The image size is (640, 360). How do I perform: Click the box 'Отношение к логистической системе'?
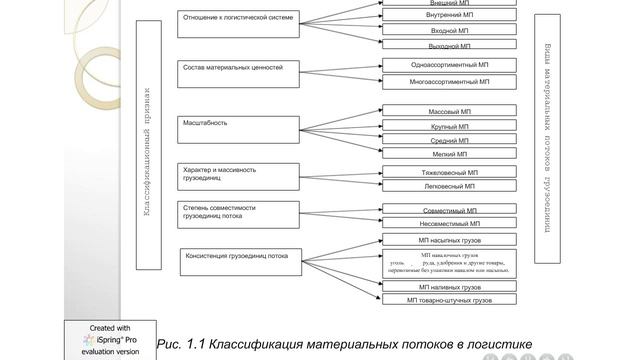(x=238, y=24)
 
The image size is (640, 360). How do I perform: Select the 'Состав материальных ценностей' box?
(x=238, y=73)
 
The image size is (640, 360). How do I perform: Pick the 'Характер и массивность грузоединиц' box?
(x=238, y=176)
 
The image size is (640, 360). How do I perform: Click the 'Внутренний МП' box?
(x=449, y=16)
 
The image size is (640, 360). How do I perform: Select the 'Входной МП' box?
(x=449, y=31)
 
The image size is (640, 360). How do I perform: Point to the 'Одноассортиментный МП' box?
(x=449, y=65)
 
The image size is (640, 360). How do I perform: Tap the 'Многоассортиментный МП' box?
(x=449, y=82)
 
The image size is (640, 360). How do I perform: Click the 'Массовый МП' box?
(x=449, y=111)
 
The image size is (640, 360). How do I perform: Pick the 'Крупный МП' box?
(x=449, y=127)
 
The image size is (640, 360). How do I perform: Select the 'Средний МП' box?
(x=449, y=141)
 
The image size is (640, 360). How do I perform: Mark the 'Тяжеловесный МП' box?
(x=449, y=172)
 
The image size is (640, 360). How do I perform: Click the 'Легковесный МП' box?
(x=449, y=186)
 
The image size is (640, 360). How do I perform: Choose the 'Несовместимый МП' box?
(x=449, y=224)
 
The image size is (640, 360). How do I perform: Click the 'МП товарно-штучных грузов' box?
(x=449, y=299)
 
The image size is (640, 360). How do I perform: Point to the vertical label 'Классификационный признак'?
(x=147, y=150)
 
